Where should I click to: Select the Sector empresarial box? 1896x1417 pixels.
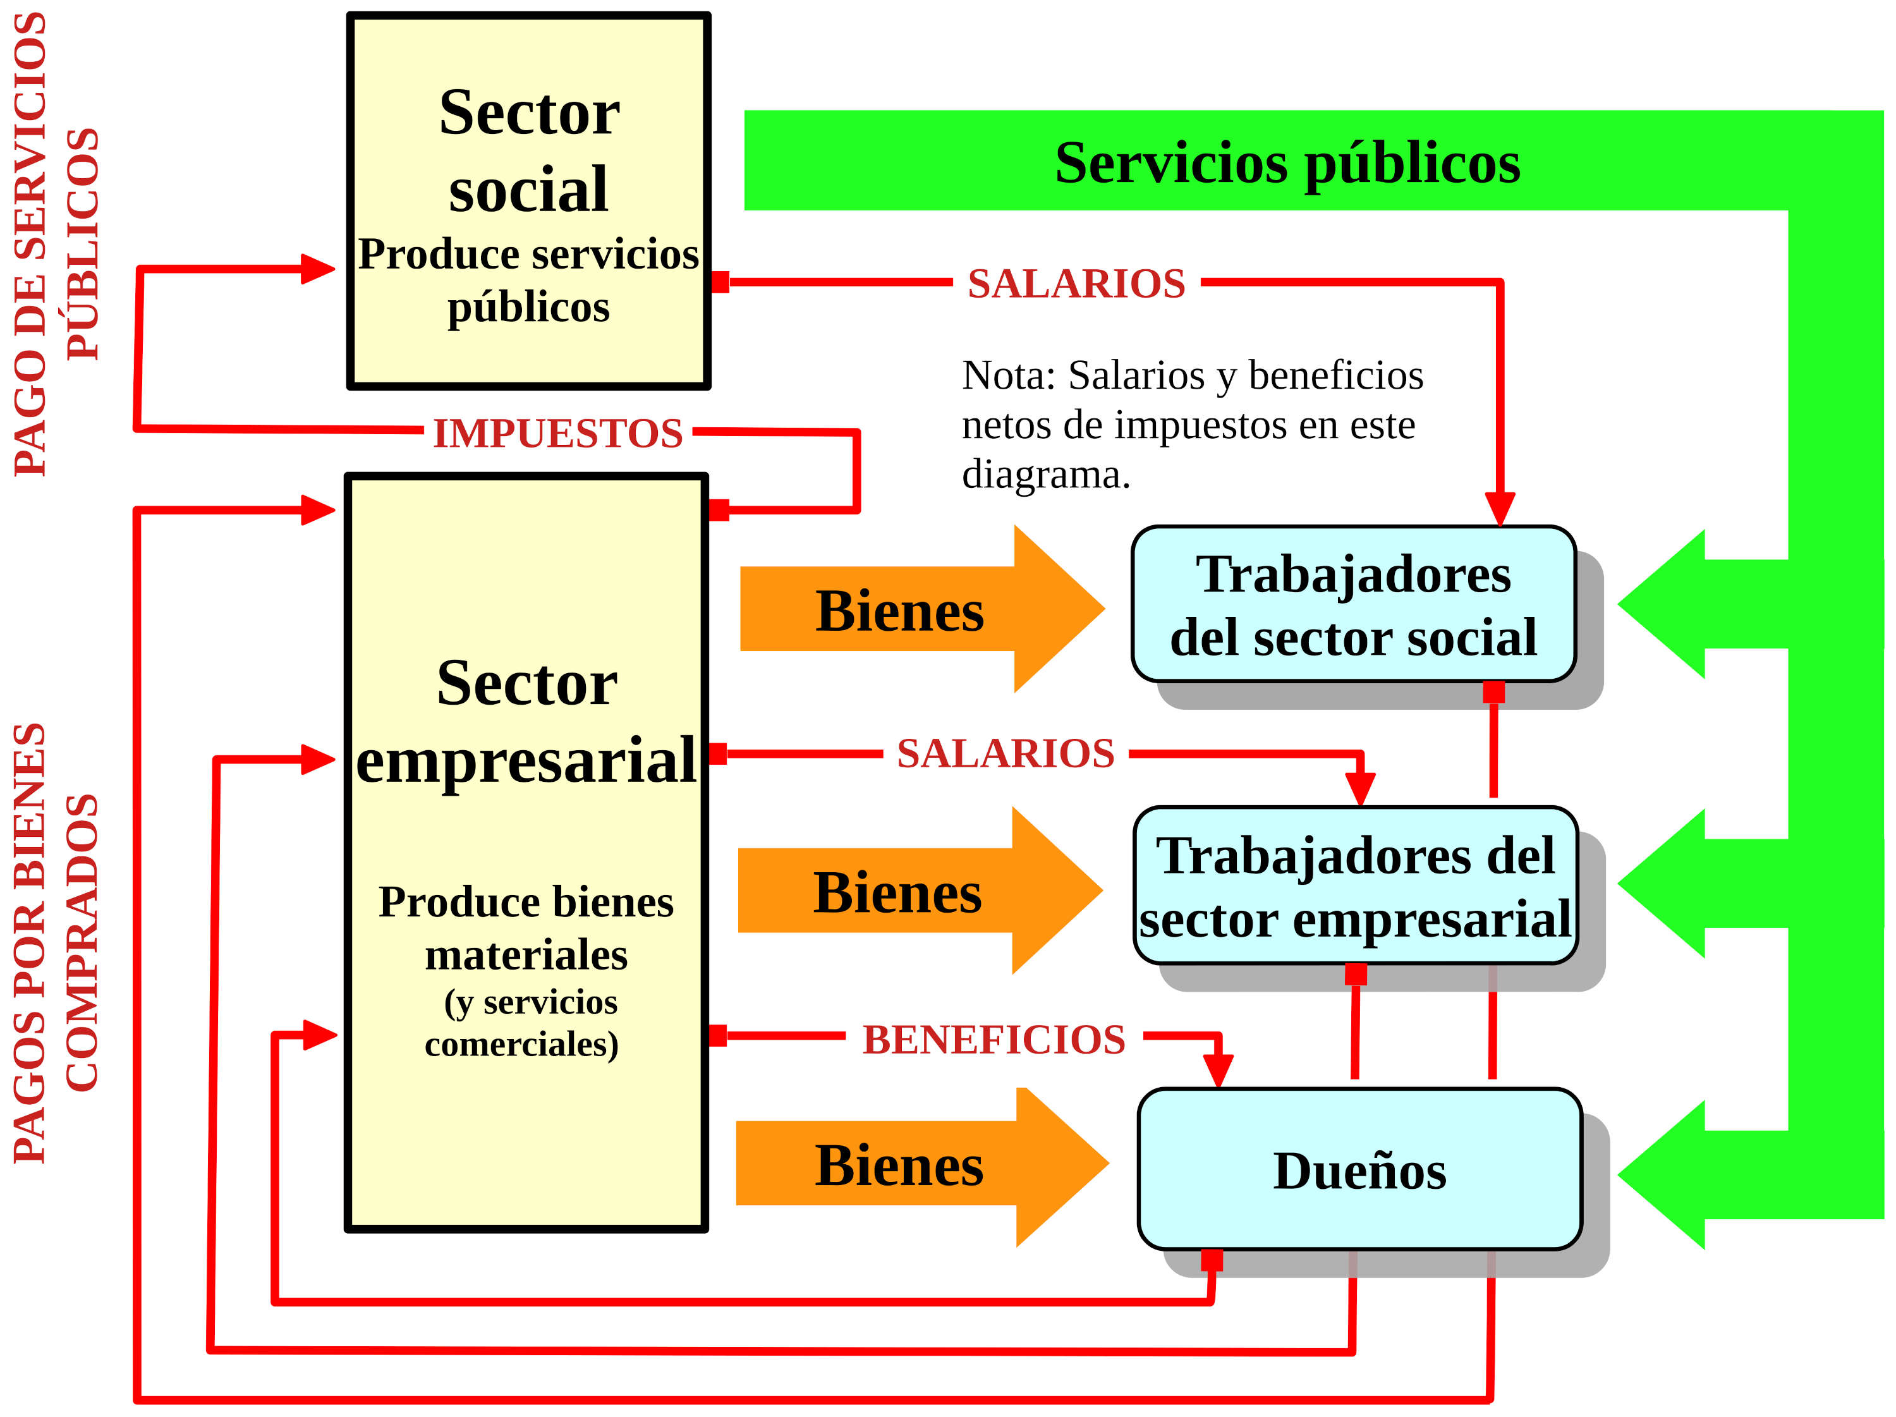coord(526,853)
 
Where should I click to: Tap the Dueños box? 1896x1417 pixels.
coord(1359,1169)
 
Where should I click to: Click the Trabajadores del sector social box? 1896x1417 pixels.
coord(1354,604)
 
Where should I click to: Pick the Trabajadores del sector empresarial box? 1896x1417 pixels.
coord(1355,885)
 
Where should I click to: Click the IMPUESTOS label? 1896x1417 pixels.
coord(558,433)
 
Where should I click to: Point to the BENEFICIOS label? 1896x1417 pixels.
coord(994,1040)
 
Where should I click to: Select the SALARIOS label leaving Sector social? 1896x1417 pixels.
coord(1076,283)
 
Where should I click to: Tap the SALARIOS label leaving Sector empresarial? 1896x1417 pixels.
coord(1006,753)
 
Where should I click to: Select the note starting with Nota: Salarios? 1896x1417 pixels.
coord(1191,424)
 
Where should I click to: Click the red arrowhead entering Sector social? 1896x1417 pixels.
coord(319,269)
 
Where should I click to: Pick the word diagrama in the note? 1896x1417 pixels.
coord(1046,474)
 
